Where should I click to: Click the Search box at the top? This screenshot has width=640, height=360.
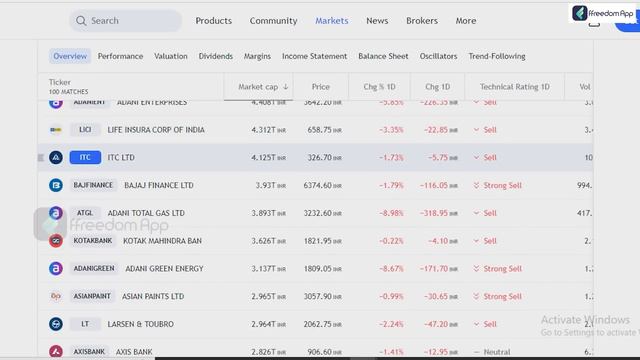click(125, 21)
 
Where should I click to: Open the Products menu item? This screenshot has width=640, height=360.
click(213, 21)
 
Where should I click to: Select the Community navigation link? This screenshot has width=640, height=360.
click(273, 21)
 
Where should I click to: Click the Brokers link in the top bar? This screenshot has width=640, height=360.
click(422, 21)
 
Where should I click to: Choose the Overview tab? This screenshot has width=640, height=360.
click(70, 56)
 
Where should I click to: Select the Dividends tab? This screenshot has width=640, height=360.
click(215, 56)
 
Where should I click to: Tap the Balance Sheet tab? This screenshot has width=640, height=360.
click(383, 56)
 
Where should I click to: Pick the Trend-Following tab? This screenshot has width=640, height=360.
click(497, 56)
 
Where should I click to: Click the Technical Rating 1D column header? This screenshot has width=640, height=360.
click(514, 87)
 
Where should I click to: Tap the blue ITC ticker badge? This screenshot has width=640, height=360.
click(85, 157)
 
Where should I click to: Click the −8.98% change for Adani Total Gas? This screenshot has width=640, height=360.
click(391, 213)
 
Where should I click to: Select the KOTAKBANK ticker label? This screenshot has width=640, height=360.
click(93, 241)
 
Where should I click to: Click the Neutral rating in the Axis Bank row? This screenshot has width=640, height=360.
click(497, 352)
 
